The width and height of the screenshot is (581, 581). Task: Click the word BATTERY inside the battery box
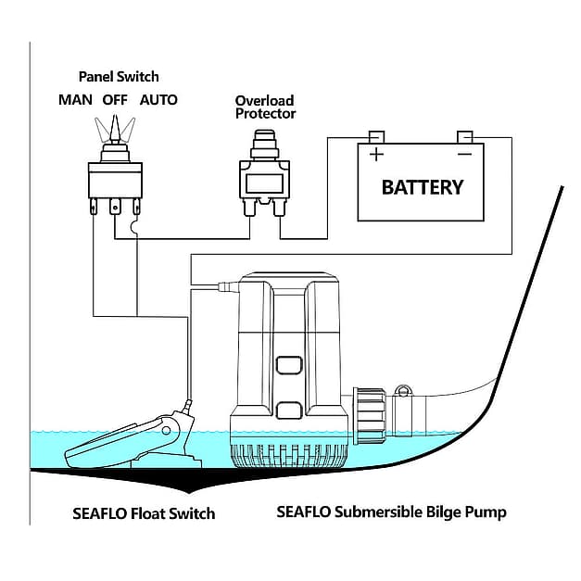click(422, 187)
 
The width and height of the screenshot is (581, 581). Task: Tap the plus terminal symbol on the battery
click(376, 155)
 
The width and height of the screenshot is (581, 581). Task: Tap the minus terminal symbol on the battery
click(465, 155)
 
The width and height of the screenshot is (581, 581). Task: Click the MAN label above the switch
click(75, 100)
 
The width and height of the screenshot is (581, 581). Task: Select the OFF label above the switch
click(115, 100)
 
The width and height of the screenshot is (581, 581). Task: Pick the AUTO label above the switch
click(158, 100)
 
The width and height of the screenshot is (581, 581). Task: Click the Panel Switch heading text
click(118, 77)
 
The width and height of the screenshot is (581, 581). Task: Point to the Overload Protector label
click(265, 107)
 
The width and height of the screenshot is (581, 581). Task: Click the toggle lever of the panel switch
click(115, 127)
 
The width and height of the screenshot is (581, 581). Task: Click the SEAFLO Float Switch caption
click(144, 513)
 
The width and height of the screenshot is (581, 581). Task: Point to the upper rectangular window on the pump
click(289, 365)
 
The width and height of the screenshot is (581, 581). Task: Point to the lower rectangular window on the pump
click(289, 409)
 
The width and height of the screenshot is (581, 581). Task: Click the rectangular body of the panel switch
click(115, 180)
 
